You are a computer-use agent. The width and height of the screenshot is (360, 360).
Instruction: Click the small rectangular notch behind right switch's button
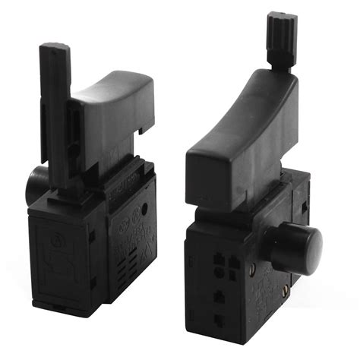(x=303, y=206)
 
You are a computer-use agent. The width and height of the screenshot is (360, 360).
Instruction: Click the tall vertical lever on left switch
(x=56, y=106)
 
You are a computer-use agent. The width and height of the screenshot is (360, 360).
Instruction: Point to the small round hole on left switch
(x=144, y=209)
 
